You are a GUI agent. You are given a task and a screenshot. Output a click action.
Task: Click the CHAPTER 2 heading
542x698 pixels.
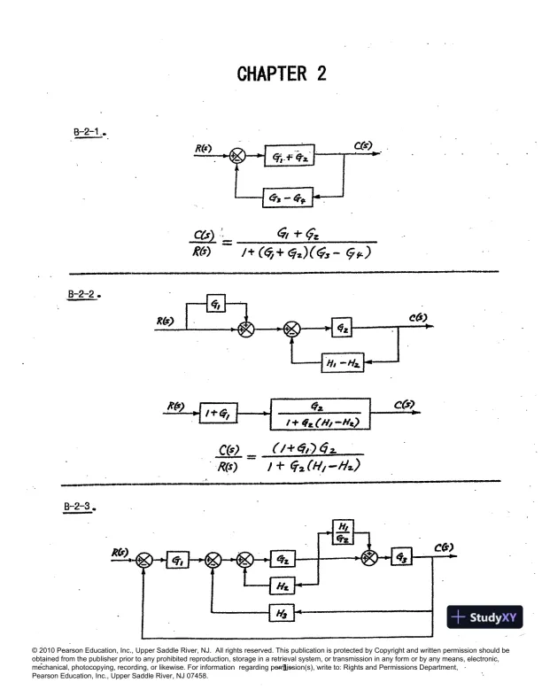point(282,74)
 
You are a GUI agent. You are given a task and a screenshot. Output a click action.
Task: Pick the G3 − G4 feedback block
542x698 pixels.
point(290,197)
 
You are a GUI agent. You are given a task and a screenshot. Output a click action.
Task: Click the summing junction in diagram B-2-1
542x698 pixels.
point(236,156)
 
